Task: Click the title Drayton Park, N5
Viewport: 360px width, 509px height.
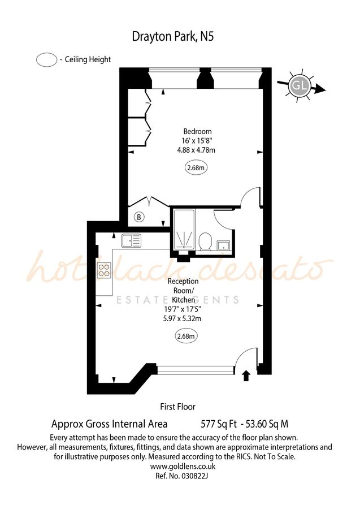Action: tap(173, 37)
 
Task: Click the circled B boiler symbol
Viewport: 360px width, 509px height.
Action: tap(139, 217)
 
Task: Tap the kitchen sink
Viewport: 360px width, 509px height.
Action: tap(131, 241)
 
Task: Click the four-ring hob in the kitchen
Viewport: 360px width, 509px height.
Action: tap(105, 270)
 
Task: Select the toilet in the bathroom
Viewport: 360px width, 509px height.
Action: tap(205, 242)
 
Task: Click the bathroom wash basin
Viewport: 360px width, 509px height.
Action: tap(223, 245)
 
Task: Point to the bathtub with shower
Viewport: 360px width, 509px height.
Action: tap(183, 230)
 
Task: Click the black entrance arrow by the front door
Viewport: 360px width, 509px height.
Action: tap(246, 376)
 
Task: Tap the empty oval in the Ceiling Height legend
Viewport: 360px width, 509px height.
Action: tap(46, 59)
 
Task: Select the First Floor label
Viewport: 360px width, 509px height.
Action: tap(178, 406)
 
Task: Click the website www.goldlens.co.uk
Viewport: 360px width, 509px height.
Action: tap(182, 467)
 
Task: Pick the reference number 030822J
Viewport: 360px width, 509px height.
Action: tap(182, 476)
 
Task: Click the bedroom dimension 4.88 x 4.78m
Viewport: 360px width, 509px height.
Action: tap(196, 150)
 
